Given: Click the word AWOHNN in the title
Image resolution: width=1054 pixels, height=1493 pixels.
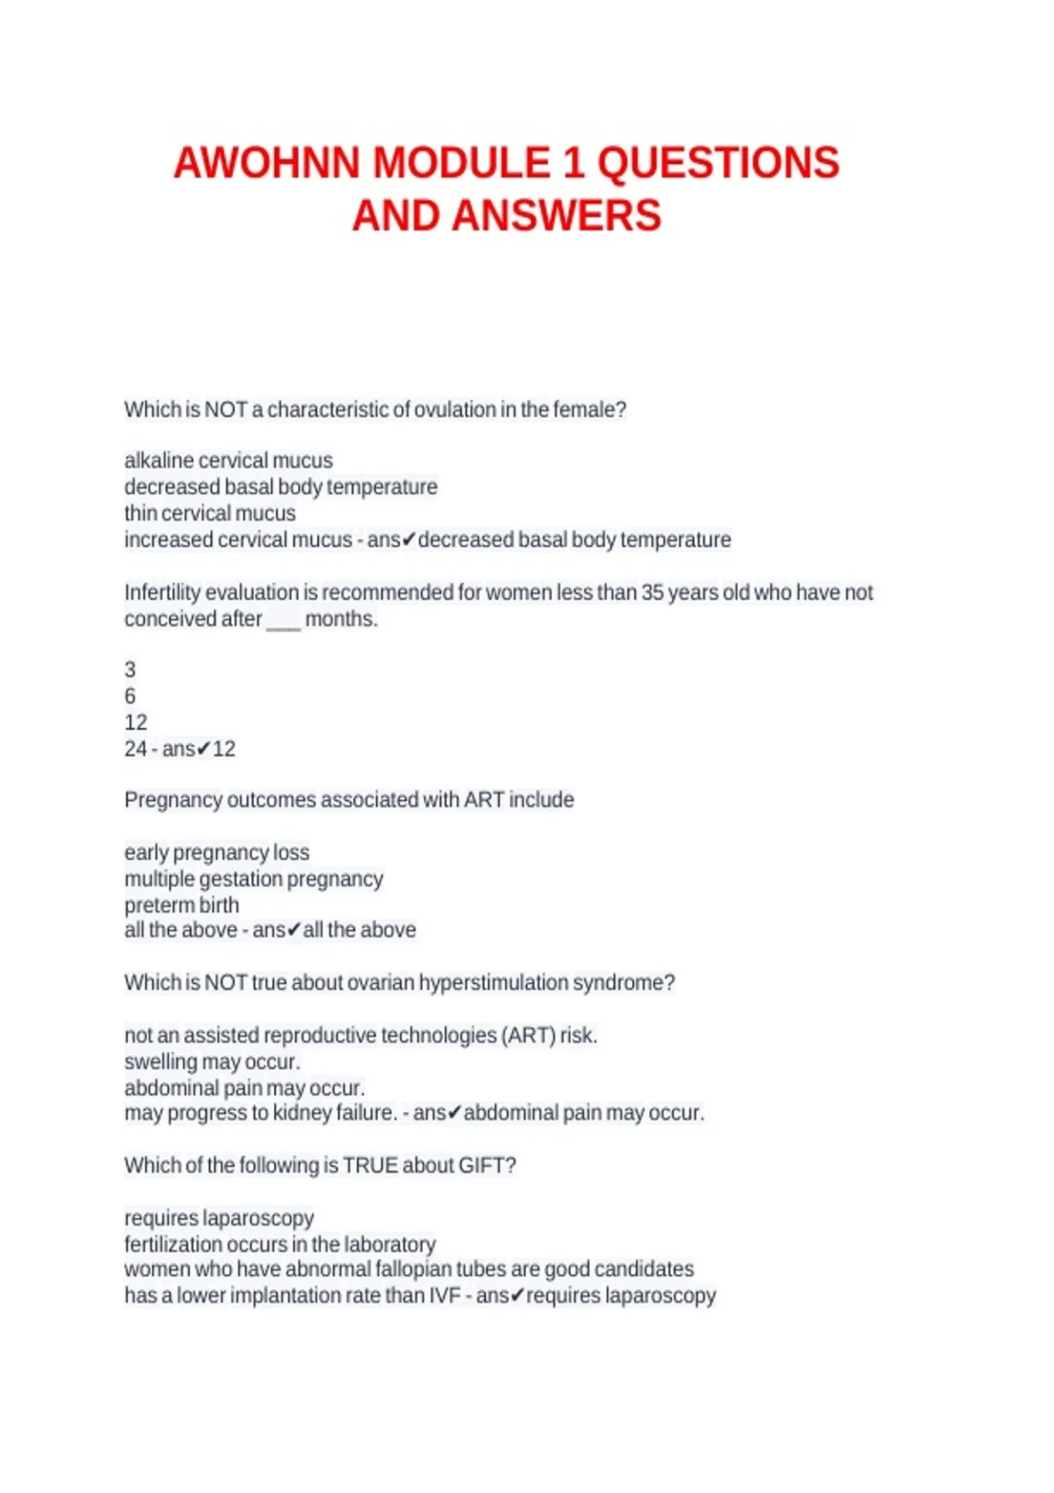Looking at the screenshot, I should click(x=267, y=163).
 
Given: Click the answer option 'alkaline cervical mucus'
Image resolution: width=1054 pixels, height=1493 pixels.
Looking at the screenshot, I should click(x=228, y=460).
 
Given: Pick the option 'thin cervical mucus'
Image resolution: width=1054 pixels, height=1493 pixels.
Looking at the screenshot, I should click(x=210, y=513).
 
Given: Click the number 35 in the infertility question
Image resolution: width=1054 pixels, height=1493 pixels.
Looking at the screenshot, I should click(x=653, y=593).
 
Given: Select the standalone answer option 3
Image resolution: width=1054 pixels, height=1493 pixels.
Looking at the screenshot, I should click(x=130, y=670).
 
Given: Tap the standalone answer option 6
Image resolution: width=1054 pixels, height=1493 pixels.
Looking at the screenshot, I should click(x=130, y=696).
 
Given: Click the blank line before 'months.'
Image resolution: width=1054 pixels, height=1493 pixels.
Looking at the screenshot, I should click(x=283, y=621).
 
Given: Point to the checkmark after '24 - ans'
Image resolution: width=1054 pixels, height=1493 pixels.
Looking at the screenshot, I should click(x=203, y=749).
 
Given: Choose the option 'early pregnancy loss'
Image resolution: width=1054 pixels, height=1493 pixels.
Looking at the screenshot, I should click(x=217, y=853).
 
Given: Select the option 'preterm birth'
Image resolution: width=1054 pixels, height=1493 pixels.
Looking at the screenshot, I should click(x=182, y=905).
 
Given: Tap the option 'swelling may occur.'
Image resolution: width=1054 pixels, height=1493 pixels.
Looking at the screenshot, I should click(x=213, y=1062).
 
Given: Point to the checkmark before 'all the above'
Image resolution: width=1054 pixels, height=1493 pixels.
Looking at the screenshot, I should click(x=294, y=930).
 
